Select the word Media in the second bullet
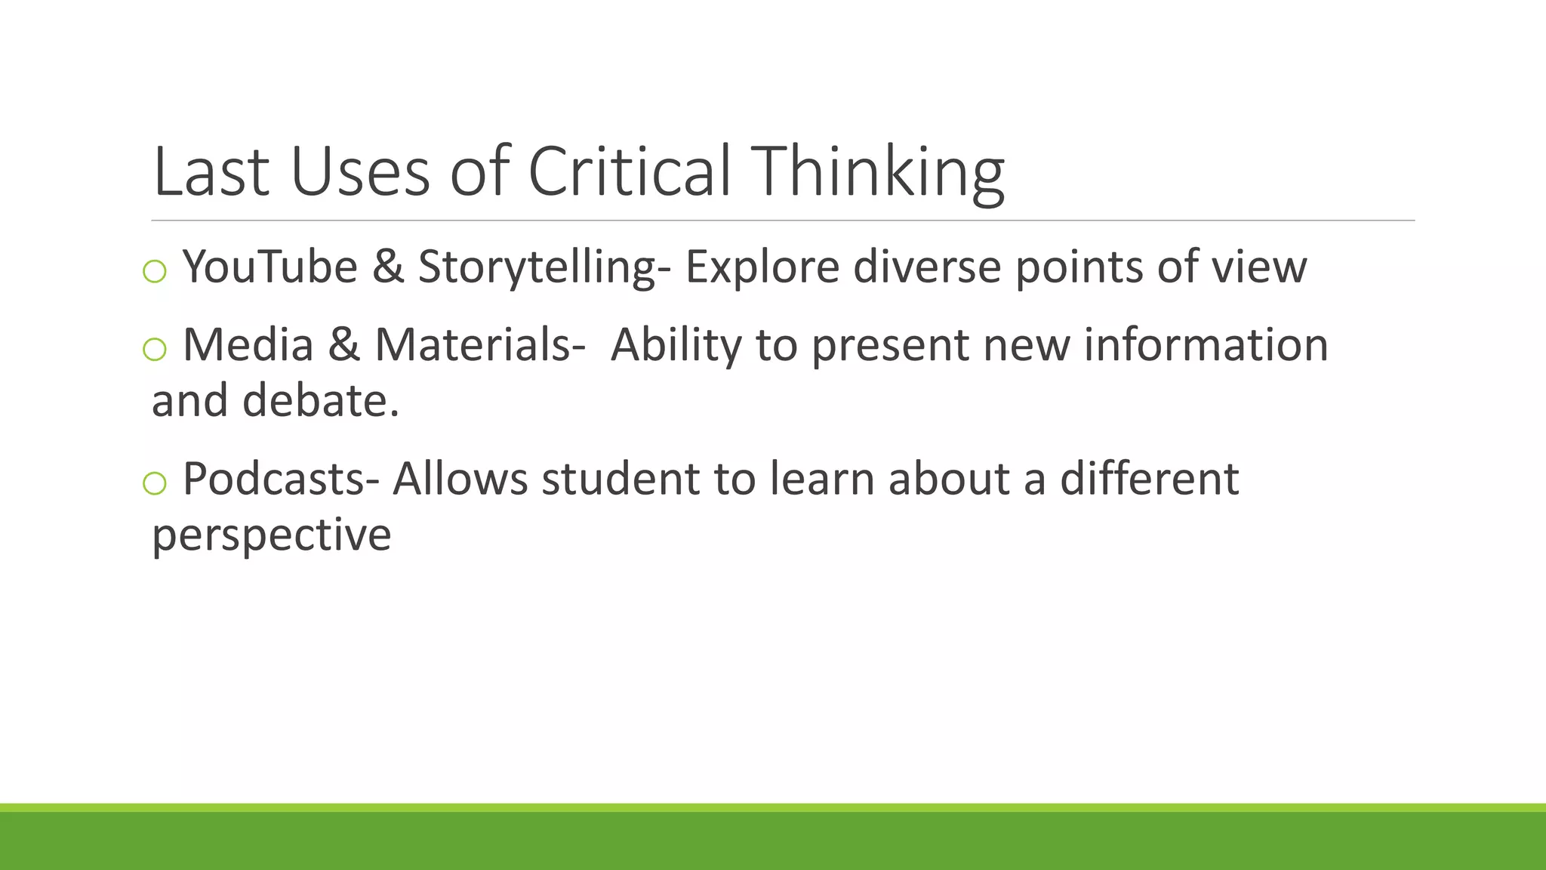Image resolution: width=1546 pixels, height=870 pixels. tap(248, 345)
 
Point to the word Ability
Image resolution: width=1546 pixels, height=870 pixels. tap(676, 345)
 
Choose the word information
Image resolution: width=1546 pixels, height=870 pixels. tap(1206, 345)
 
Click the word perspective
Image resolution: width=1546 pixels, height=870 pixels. tap(272, 535)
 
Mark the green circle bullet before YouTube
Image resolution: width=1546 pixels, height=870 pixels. tap(155, 272)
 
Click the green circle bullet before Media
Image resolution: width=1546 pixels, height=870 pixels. tap(155, 350)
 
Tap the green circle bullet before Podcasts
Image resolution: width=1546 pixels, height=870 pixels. tap(155, 483)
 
